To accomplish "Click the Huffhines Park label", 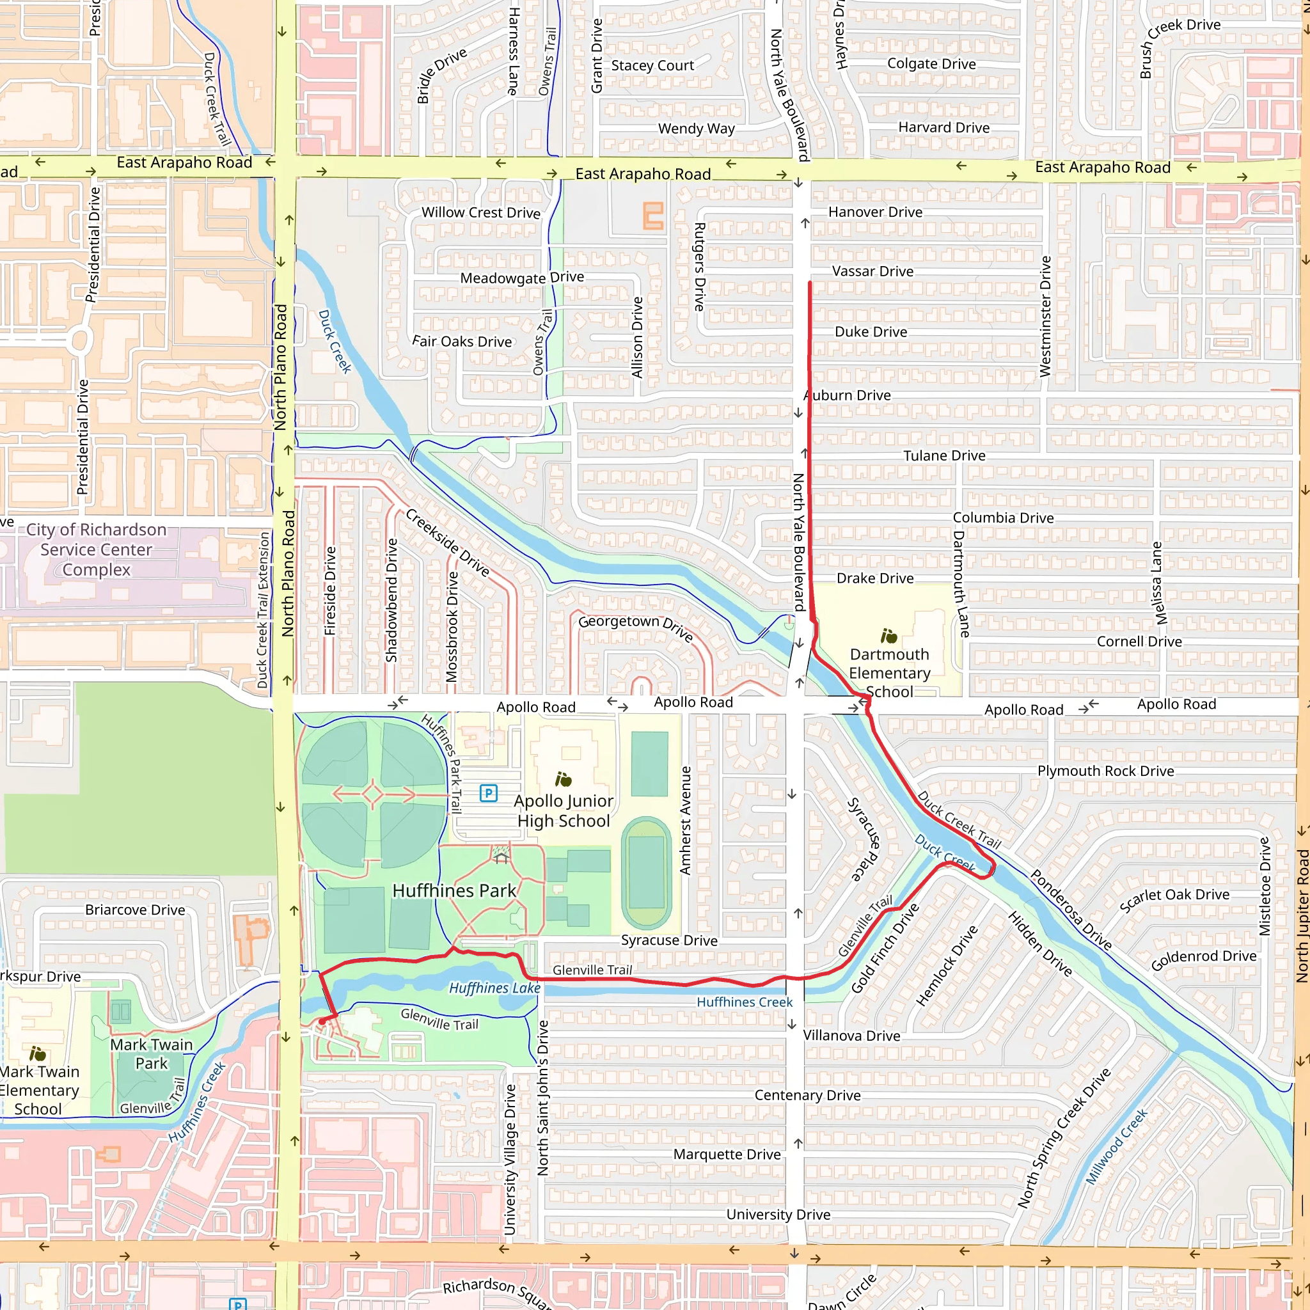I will coord(454,890).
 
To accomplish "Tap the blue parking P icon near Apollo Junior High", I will coord(488,793).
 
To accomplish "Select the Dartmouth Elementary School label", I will coord(889,673).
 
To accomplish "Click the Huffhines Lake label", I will coord(494,988).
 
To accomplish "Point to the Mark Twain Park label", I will coord(151,1054).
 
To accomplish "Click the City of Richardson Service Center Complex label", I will coord(97,549).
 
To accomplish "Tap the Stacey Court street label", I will coord(652,66).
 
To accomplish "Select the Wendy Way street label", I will coord(696,128).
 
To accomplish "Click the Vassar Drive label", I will coord(872,271).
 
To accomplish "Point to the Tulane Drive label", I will coord(944,455).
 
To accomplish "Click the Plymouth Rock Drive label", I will coord(1105,771).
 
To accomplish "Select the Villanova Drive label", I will coord(851,1036).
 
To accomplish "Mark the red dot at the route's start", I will coord(322,1020).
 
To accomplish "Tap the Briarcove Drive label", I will coord(135,910).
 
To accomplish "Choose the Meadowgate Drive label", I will coord(521,278).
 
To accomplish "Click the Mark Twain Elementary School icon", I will coord(37,1054).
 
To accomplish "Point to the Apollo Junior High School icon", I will coord(563,779).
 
